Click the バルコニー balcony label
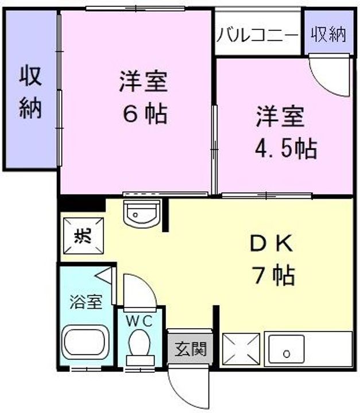pyautogui.click(x=257, y=34)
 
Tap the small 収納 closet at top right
pyautogui.click(x=329, y=34)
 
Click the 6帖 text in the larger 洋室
pyautogui.click(x=144, y=114)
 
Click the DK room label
pyautogui.click(x=271, y=244)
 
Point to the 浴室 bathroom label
pyautogui.click(x=86, y=302)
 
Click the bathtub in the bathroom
pyautogui.click(x=86, y=342)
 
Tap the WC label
pyautogui.click(x=140, y=321)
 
